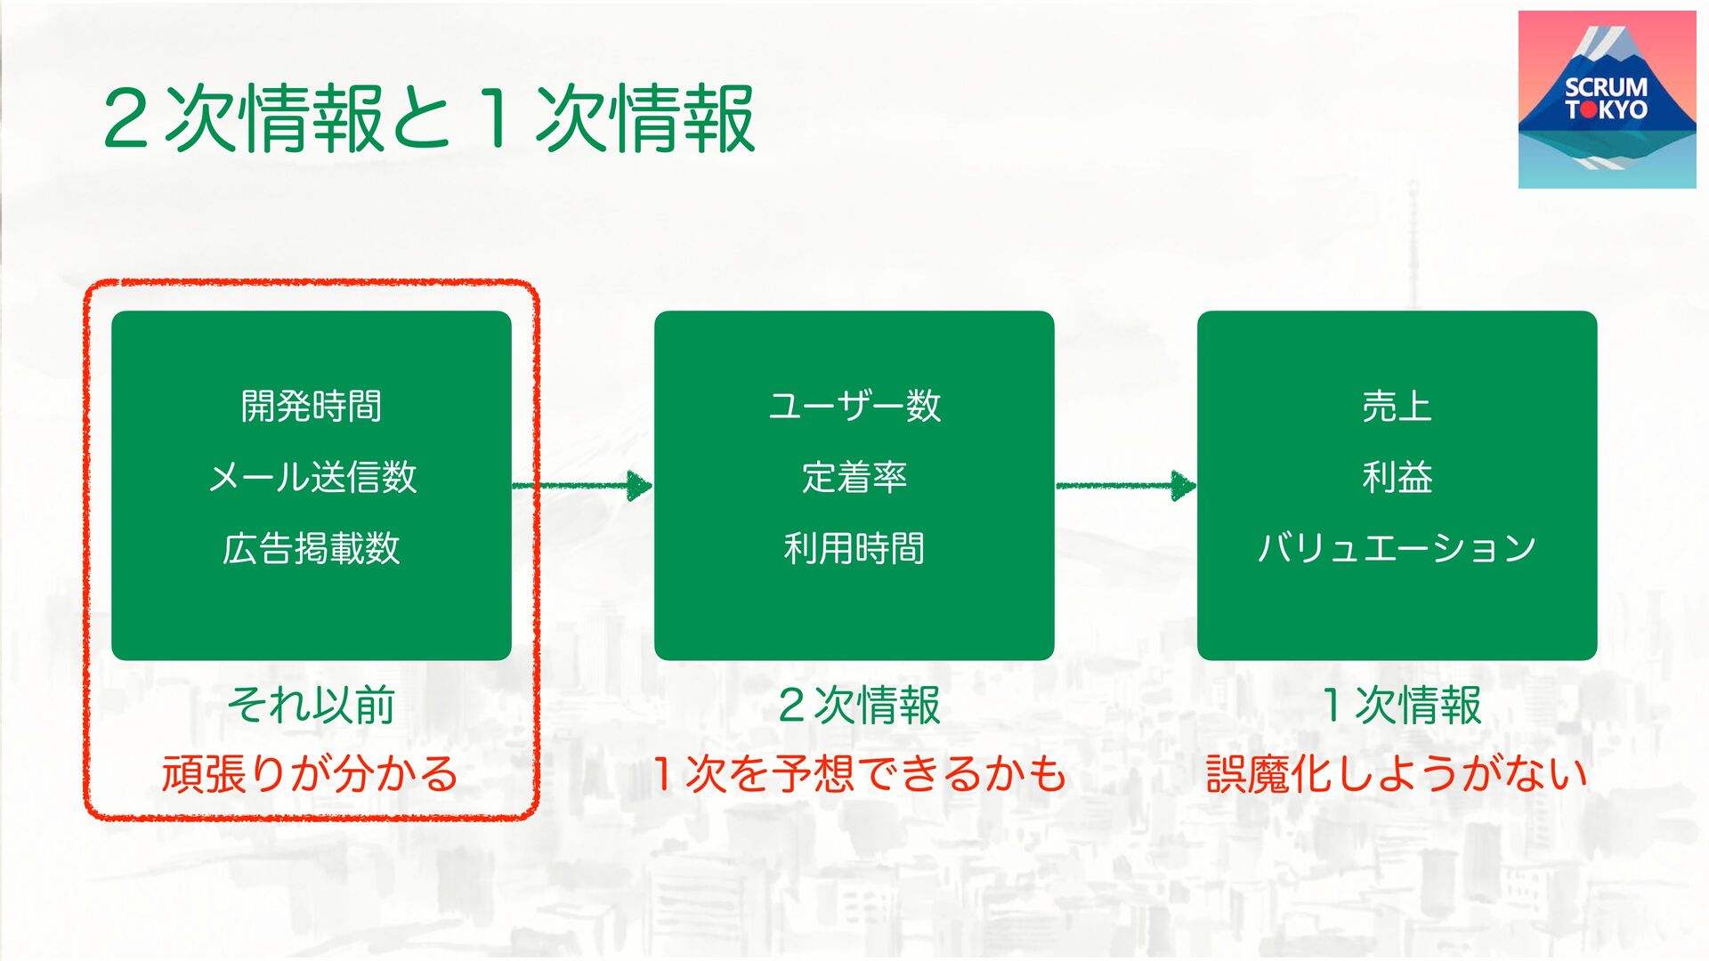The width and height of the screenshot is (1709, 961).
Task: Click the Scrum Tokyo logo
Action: tap(1607, 100)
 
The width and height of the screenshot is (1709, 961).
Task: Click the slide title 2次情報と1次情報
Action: tap(429, 119)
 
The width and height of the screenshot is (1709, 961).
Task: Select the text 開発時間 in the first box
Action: tap(312, 407)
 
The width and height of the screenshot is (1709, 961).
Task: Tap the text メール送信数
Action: tap(312, 477)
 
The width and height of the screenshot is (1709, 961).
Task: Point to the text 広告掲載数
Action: tap(312, 548)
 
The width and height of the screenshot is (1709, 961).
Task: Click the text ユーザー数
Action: tap(854, 407)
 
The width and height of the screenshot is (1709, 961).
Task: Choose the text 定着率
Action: tap(854, 477)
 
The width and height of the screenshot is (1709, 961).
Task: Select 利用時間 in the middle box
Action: tap(854, 548)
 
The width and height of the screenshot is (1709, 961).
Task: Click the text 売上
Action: tap(1397, 407)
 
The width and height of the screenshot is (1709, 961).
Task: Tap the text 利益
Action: tap(1397, 477)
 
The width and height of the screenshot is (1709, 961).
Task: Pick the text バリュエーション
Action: tap(1397, 548)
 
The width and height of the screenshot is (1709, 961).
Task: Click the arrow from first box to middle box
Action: tap(583, 485)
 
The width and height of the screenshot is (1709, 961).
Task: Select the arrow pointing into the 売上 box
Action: tap(1126, 485)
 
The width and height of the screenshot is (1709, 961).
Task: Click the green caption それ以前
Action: tap(312, 706)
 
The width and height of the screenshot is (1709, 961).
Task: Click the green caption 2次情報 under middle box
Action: tap(859, 706)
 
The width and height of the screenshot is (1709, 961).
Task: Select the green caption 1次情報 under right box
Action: tap(1402, 706)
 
